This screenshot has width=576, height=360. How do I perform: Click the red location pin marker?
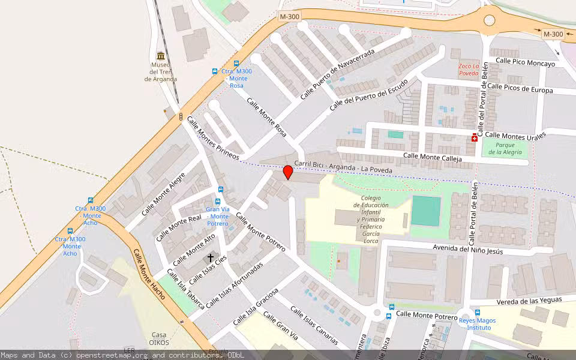pyautogui.click(x=288, y=172)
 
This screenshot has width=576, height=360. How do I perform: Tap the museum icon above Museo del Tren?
pyautogui.click(x=160, y=55)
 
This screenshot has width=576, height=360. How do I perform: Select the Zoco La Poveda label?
pyautogui.click(x=469, y=69)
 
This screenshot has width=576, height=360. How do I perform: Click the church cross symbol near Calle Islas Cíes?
pyautogui.click(x=210, y=258)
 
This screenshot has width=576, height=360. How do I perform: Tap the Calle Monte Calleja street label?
pyautogui.click(x=433, y=157)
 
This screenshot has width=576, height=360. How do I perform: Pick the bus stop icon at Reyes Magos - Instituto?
pyautogui.click(x=477, y=312)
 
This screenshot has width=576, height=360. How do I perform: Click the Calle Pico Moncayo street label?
pyautogui.click(x=525, y=62)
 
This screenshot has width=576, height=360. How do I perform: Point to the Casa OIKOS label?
pyautogui.click(x=159, y=339)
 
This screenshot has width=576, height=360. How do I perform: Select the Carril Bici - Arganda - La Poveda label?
pyautogui.click(x=343, y=167)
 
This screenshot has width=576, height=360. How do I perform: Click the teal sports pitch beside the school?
pyautogui.click(x=426, y=211)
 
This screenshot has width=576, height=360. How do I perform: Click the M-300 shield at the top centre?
pyautogui.click(x=289, y=17)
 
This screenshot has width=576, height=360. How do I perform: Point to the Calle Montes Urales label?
pyautogui.click(x=515, y=135)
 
